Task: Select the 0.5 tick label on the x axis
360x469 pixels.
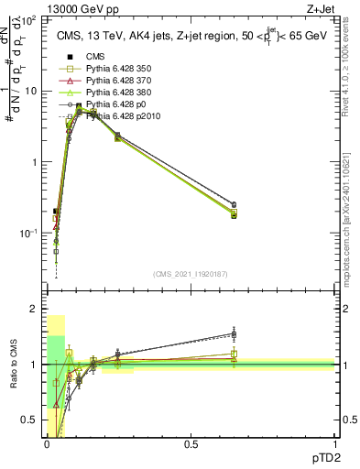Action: [190, 444]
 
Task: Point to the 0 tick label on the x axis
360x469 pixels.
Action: [46, 444]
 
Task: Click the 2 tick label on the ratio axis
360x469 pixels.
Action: [35, 310]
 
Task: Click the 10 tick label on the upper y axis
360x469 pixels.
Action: [30, 91]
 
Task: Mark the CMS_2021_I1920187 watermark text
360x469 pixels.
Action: [190, 272]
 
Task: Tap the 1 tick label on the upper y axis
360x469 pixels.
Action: [35, 162]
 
